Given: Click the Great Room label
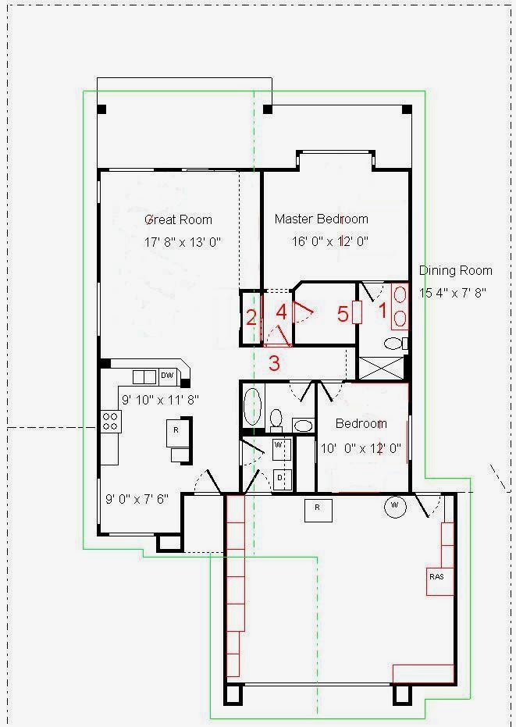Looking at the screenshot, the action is point(179,219).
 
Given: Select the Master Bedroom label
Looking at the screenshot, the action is point(322,219).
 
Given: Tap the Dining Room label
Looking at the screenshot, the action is point(456,270).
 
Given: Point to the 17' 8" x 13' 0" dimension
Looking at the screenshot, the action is point(183,242).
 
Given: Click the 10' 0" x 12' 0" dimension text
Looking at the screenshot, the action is point(361,448).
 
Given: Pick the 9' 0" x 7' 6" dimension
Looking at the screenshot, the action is point(137,499).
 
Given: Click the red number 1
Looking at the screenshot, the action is point(383,311).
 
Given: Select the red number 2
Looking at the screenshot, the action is point(251,318).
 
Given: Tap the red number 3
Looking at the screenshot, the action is point(275,363).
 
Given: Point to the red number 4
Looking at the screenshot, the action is point(281,312).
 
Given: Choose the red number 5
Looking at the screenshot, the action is point(343,315).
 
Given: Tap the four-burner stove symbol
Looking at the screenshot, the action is point(112,422).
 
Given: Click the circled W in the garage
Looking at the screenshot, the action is point(395,506).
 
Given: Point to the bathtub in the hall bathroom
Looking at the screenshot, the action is point(253,408).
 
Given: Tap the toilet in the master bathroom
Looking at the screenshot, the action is point(396,344).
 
